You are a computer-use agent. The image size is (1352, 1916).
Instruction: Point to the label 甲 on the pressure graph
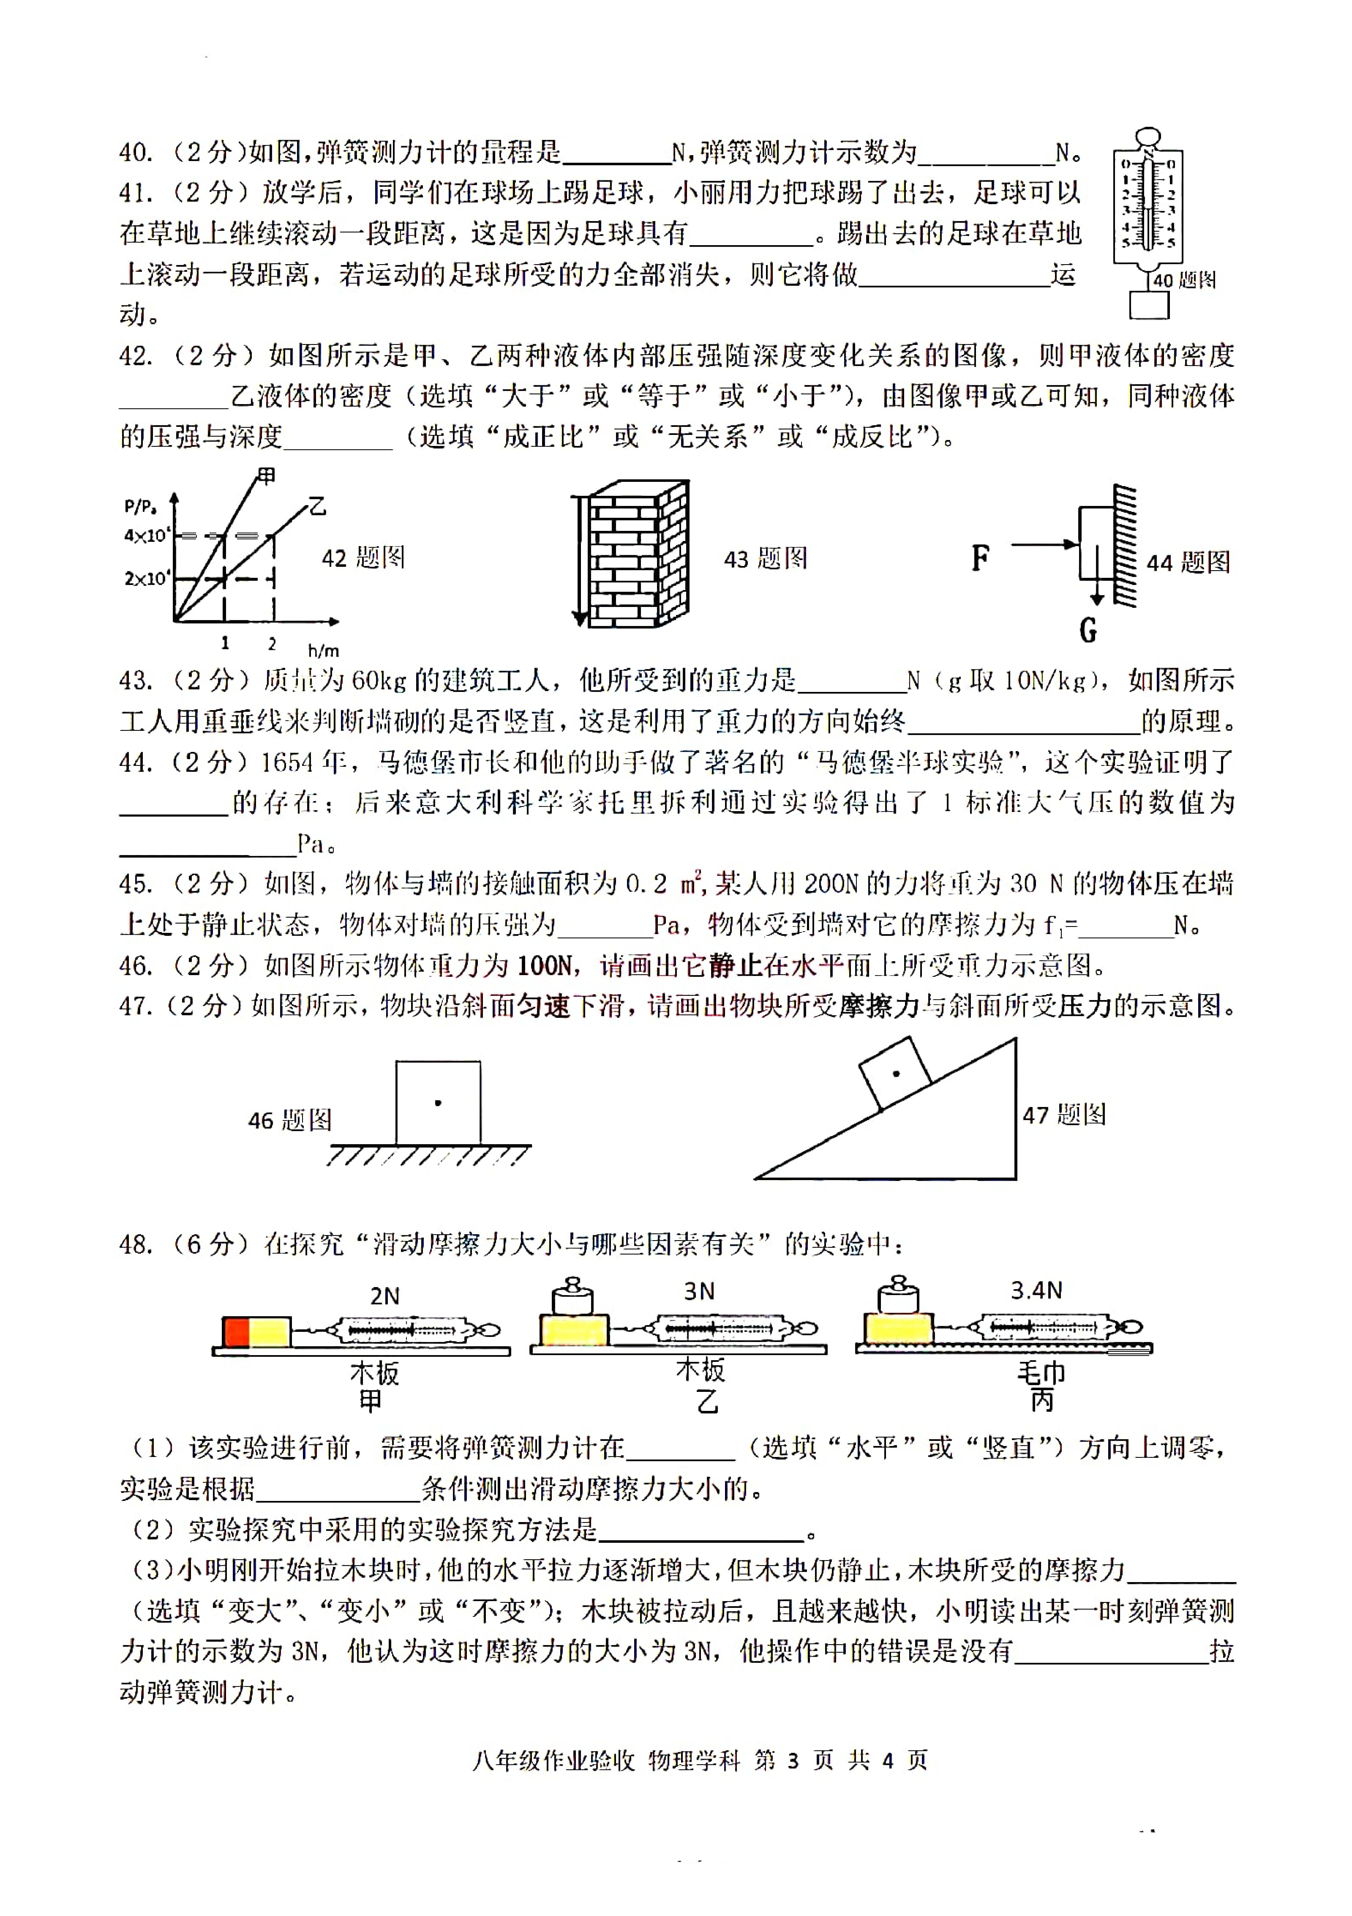[266, 476]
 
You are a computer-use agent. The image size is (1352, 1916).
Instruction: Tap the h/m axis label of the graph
[324, 650]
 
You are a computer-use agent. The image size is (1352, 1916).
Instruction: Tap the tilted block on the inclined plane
[896, 1073]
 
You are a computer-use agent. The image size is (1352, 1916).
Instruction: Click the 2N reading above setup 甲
[384, 1296]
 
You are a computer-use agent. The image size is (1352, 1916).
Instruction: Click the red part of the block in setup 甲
[237, 1332]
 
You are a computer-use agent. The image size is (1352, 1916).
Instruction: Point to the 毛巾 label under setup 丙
[1041, 1373]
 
